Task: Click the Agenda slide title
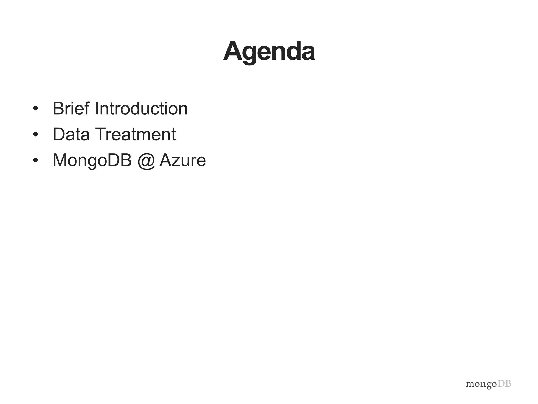click(269, 51)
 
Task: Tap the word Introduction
click(141, 108)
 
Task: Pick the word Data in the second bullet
click(71, 134)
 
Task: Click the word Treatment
click(135, 134)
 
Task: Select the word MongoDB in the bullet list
click(92, 160)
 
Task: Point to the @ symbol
click(146, 161)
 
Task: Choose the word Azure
click(183, 160)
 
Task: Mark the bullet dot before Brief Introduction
click(35, 109)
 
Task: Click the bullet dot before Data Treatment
click(35, 135)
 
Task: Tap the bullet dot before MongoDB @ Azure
click(35, 160)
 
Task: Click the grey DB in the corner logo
click(504, 384)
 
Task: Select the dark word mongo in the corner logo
click(481, 385)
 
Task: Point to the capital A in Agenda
click(232, 51)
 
